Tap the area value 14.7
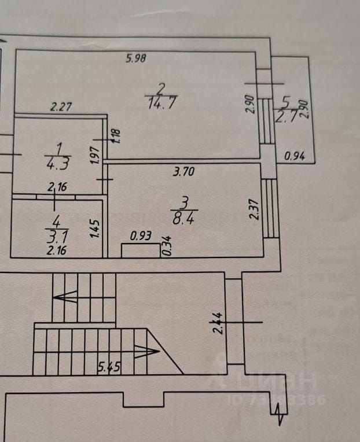(x=161, y=104)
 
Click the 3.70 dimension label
(x=184, y=171)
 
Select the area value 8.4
(x=185, y=218)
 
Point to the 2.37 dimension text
(x=253, y=209)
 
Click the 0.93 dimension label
(x=139, y=235)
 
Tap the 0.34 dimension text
(x=167, y=246)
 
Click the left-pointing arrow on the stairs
(x=65, y=297)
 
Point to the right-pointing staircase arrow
(x=147, y=351)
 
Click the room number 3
(x=185, y=202)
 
